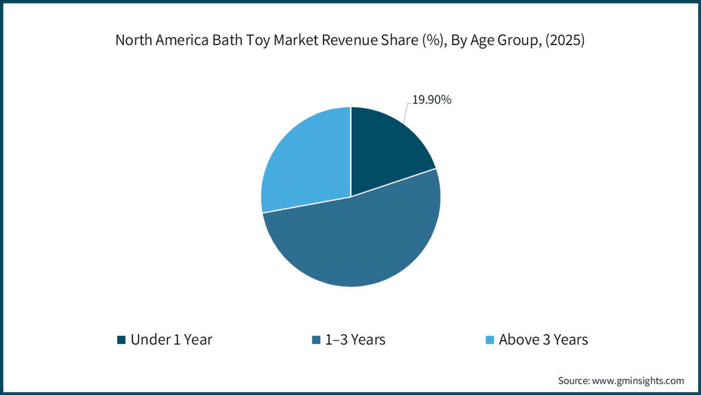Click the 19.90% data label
tap(432, 99)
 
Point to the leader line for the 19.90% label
tap(407, 113)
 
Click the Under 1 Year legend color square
tap(121, 340)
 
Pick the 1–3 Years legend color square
tap(316, 340)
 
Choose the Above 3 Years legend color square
tap(490, 340)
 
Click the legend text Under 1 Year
tap(172, 339)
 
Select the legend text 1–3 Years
tap(355, 339)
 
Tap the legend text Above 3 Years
tap(543, 339)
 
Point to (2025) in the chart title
tap(565, 40)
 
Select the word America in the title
tap(182, 40)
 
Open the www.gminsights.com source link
tap(638, 381)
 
